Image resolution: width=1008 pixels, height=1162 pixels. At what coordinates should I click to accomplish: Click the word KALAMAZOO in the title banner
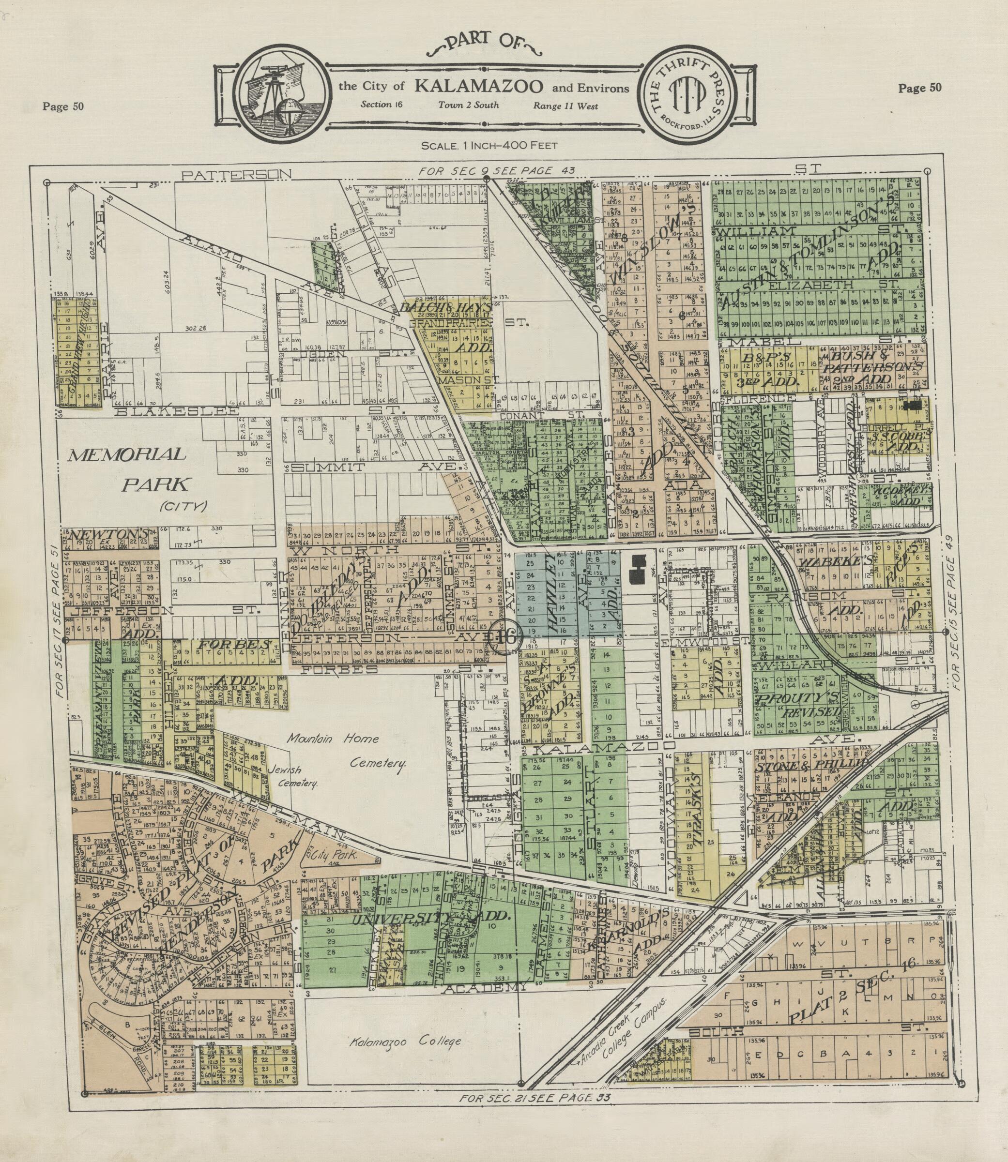pyautogui.click(x=479, y=87)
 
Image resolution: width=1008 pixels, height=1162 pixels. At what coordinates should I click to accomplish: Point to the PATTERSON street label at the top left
pyautogui.click(x=237, y=175)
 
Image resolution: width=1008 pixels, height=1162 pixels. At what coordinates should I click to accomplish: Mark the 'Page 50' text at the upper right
pyautogui.click(x=919, y=88)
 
